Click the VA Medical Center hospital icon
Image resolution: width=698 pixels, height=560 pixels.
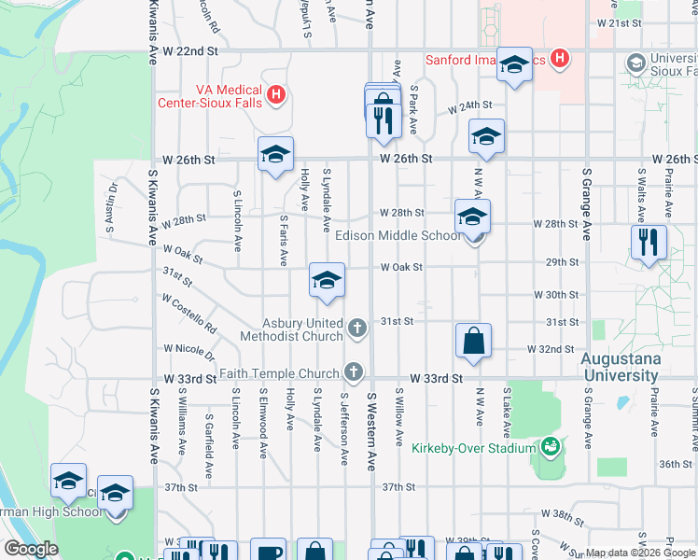click(x=275, y=94)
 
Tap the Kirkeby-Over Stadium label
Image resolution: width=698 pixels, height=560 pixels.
click(x=473, y=447)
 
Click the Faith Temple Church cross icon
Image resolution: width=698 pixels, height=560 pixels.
click(x=353, y=372)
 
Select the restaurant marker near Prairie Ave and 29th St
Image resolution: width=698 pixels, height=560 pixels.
click(x=649, y=242)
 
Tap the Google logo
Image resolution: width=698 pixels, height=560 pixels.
click(x=31, y=549)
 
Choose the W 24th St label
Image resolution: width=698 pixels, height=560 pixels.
click(x=469, y=107)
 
